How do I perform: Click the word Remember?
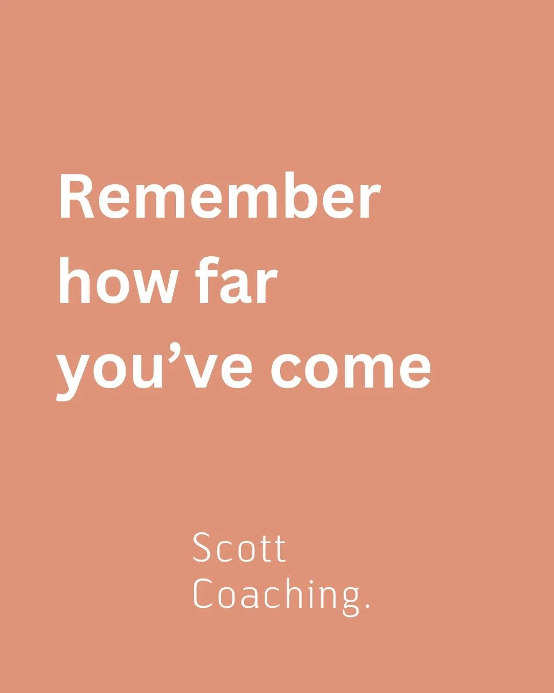click(x=220, y=197)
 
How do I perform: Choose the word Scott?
click(x=239, y=548)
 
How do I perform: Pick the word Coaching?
click(x=277, y=594)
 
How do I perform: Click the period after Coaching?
click(x=367, y=607)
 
